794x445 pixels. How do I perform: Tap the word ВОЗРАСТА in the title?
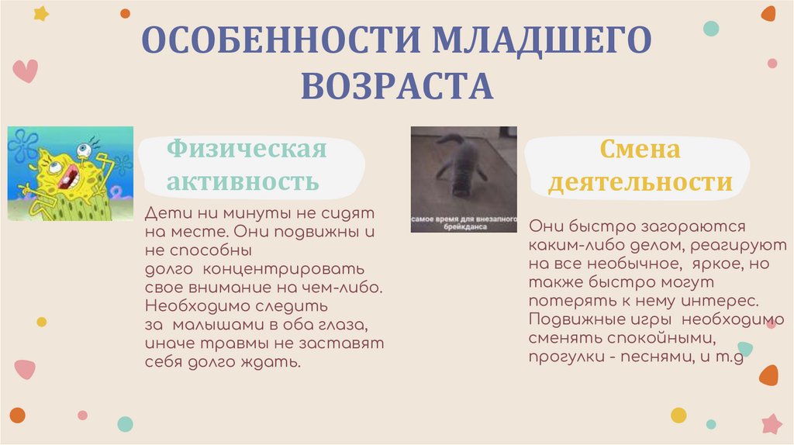pos(397,85)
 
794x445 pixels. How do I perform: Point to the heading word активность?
pos(243,182)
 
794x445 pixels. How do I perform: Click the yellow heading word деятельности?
pos(640,183)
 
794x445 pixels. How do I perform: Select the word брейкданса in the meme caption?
pos(463,226)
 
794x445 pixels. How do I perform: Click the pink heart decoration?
pos(25,71)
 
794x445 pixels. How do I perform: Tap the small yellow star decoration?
pos(40,13)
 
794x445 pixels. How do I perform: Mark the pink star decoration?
pos(772,423)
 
